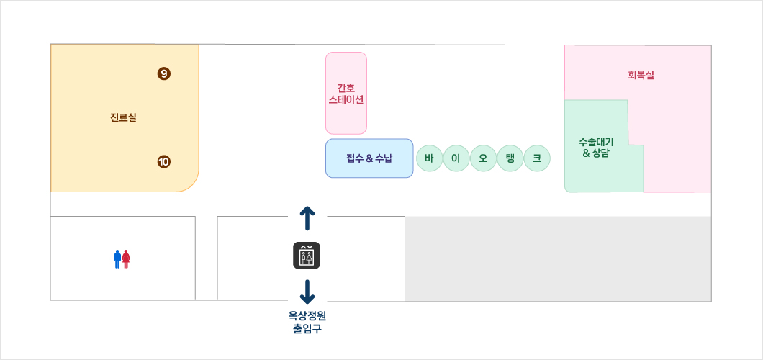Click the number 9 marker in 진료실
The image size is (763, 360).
click(163, 73)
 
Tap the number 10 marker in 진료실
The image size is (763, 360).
click(163, 162)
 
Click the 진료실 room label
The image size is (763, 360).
click(123, 117)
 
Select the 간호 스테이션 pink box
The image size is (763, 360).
click(346, 93)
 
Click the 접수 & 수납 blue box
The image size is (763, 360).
click(369, 158)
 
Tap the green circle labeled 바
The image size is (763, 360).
click(430, 158)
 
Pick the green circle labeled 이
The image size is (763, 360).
click(456, 158)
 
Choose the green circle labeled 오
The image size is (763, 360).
click(483, 158)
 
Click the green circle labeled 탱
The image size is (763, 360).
click(510, 158)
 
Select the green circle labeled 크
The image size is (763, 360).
click(537, 158)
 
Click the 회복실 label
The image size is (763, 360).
click(641, 75)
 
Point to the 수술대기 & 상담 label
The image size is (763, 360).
click(596, 147)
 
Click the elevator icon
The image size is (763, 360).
click(307, 256)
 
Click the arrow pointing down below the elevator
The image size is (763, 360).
click(307, 292)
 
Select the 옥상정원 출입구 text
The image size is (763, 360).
click(307, 322)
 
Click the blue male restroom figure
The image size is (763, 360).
click(117, 259)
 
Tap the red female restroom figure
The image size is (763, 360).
click(126, 259)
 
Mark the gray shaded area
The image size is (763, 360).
click(558, 258)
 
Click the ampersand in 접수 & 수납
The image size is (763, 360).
click(370, 158)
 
